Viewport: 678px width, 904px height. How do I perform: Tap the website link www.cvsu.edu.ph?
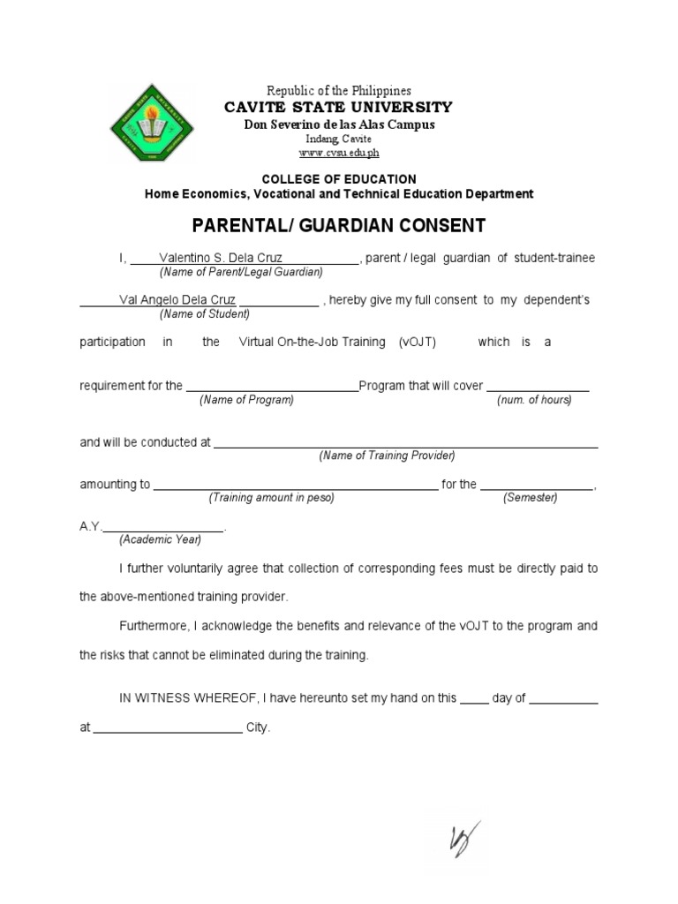(x=339, y=153)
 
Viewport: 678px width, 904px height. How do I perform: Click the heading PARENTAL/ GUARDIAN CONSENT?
(x=339, y=225)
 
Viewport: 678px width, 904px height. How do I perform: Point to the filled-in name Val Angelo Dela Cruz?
(x=177, y=300)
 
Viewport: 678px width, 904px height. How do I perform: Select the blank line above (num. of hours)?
(x=538, y=388)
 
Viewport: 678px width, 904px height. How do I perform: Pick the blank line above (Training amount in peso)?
(x=295, y=486)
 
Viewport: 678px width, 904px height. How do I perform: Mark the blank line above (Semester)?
(x=537, y=486)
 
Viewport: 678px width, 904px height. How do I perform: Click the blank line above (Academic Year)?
(x=164, y=529)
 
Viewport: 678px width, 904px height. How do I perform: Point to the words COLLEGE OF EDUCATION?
(x=339, y=179)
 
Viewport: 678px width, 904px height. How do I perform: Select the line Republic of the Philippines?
(x=339, y=91)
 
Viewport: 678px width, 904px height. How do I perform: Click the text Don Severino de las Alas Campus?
(x=339, y=124)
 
